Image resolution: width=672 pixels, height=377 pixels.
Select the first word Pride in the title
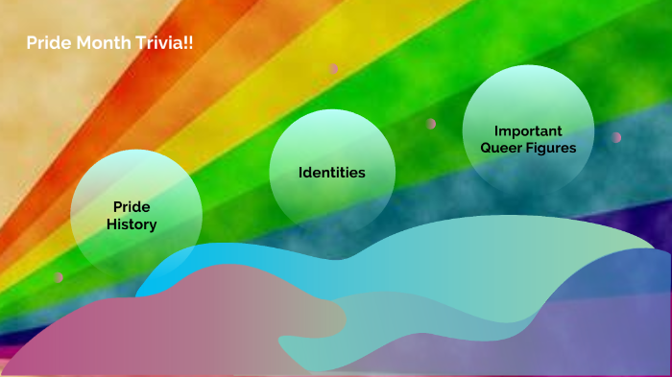coord(45,44)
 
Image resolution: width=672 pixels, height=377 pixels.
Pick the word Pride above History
coord(132,207)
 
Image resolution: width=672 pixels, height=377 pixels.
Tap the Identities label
coord(332,173)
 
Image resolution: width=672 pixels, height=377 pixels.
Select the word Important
coord(528,130)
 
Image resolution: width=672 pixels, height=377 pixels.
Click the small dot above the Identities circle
coord(334,69)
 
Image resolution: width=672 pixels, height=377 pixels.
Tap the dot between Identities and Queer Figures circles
coord(431,124)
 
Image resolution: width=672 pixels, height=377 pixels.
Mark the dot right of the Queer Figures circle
coord(616,137)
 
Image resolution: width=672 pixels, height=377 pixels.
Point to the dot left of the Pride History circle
coord(59,277)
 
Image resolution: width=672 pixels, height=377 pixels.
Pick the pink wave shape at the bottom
coord(144,326)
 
